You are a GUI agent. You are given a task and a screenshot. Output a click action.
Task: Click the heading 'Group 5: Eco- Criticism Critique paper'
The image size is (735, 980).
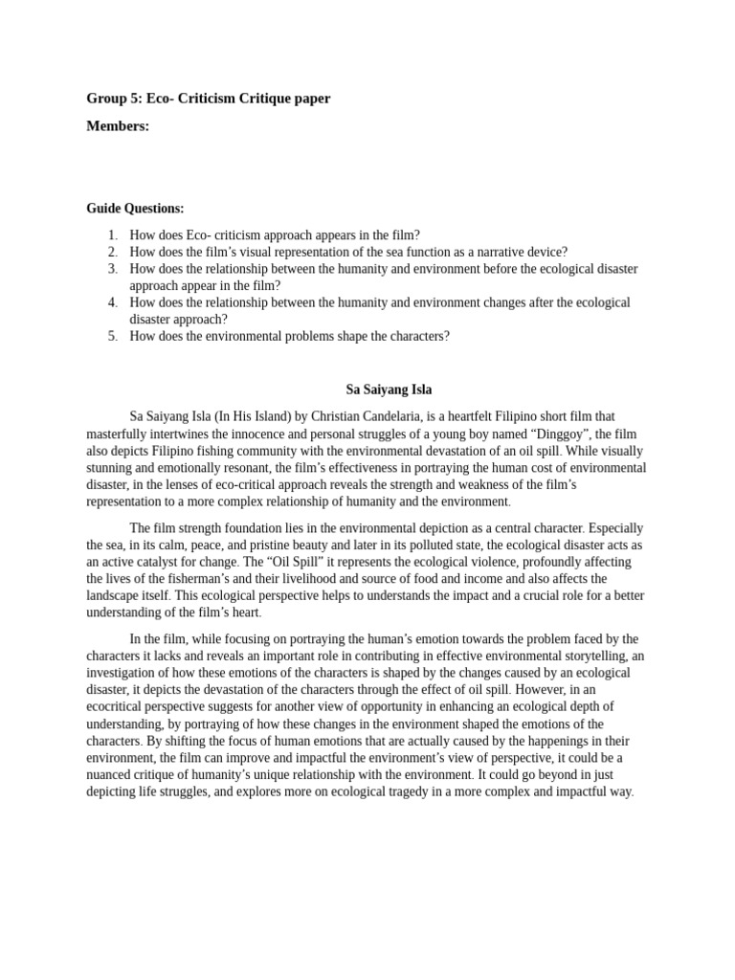[x=209, y=99]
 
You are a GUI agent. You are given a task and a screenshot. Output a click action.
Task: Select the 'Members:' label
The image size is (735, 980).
[x=118, y=126]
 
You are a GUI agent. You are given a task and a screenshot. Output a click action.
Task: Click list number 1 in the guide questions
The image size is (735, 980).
[x=112, y=234]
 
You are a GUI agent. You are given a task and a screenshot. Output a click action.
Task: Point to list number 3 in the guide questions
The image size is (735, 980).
[x=112, y=269]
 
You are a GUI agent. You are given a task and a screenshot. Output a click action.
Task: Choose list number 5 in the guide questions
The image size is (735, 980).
[x=112, y=336]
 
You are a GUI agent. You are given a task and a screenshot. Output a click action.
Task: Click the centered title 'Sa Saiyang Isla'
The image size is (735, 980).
[x=389, y=390]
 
